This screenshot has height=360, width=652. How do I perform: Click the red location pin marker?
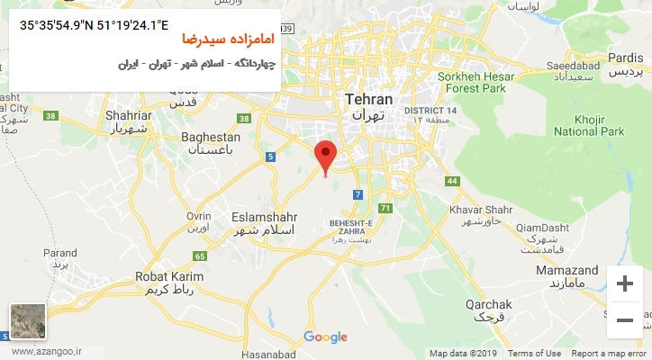(x=326, y=156)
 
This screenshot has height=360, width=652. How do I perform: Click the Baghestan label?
(x=211, y=137)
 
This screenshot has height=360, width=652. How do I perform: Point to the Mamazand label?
(x=566, y=270)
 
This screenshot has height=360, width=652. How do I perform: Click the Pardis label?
(x=626, y=58)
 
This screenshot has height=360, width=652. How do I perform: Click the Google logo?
(x=325, y=337)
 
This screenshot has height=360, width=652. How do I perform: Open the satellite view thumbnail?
(x=28, y=321)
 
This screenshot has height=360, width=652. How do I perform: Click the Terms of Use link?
(x=534, y=354)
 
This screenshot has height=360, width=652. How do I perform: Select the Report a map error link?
(x=609, y=354)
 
